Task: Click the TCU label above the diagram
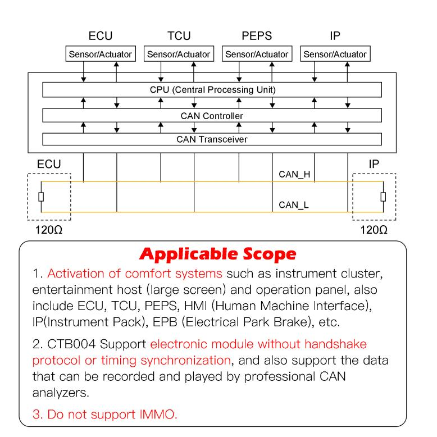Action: pos(179,36)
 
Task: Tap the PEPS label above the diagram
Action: pos(257,36)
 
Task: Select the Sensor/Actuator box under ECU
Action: pos(101,54)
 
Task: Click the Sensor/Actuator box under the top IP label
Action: pos(335,54)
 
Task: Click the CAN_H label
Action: pos(294,175)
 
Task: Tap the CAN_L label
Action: pos(294,205)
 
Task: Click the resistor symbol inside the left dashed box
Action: pos(41,197)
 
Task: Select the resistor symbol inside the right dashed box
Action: pos(383,197)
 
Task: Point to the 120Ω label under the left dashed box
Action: pos(49,230)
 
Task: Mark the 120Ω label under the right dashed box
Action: pos(374,230)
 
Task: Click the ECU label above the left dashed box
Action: pos(49,164)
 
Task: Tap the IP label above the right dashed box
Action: pos(374,164)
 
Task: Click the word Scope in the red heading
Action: pos(269,254)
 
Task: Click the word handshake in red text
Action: pos(335,344)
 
